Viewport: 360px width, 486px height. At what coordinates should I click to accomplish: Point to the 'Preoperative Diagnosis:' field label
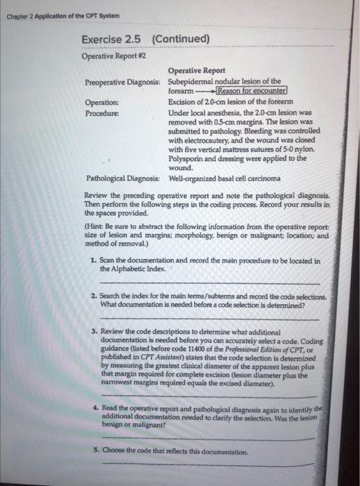coord(124,81)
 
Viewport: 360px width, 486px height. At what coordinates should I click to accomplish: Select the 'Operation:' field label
coord(104,101)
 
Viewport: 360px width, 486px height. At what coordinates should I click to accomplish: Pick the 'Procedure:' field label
coord(104,111)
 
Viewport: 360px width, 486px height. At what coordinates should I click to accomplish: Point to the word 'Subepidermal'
coord(197,81)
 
